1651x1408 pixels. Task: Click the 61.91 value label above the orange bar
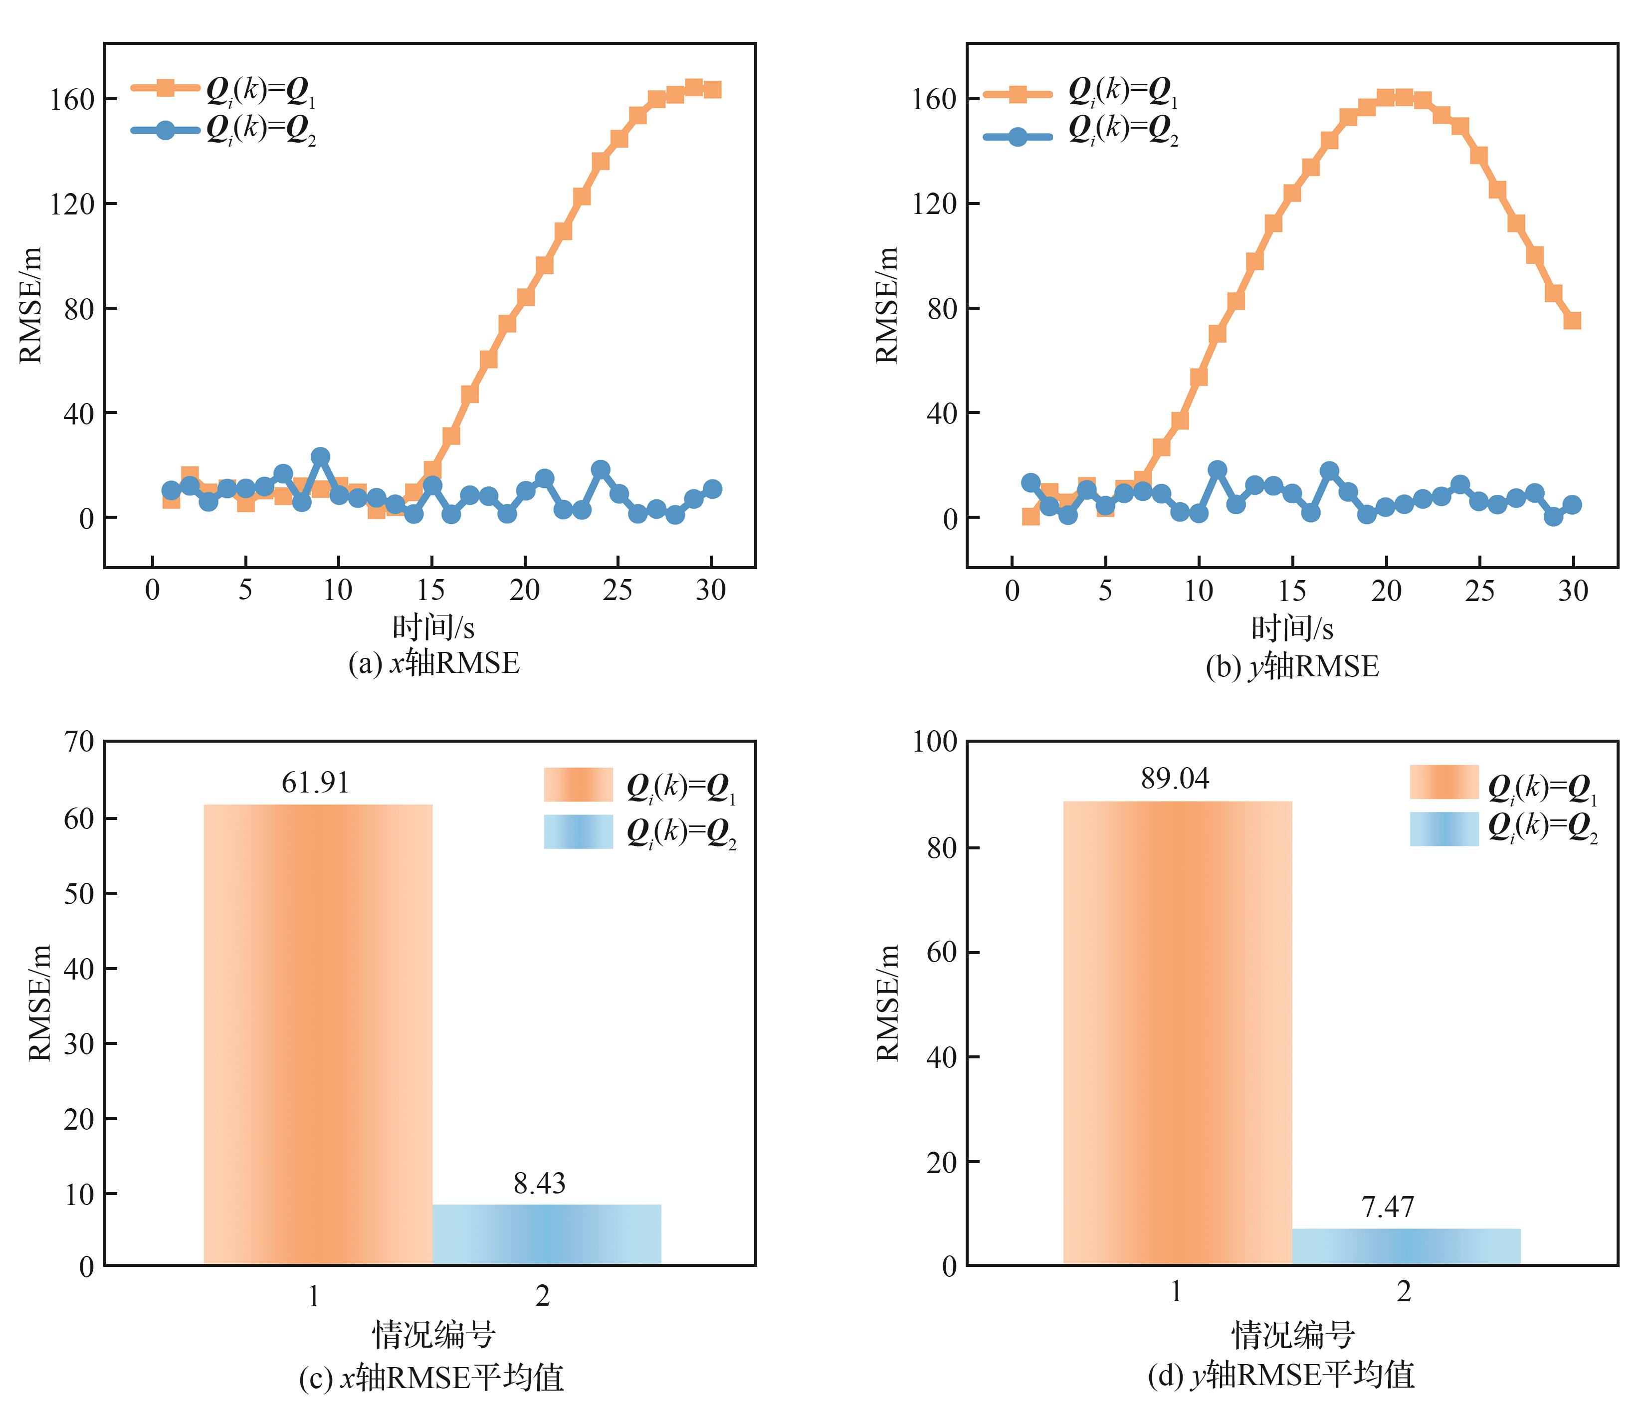click(x=316, y=783)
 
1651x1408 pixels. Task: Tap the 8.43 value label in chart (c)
click(x=540, y=1183)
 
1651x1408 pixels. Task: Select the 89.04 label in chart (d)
click(x=1175, y=779)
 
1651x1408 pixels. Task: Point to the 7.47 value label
click(x=1387, y=1207)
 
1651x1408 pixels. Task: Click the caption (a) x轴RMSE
click(x=433, y=664)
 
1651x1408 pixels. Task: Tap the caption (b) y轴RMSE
click(x=1292, y=667)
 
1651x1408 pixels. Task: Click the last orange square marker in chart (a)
click(x=712, y=89)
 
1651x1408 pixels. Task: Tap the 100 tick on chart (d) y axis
click(x=935, y=742)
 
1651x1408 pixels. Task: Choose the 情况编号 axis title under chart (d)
click(x=1292, y=1335)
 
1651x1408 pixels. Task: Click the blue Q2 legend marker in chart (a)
click(x=165, y=130)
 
